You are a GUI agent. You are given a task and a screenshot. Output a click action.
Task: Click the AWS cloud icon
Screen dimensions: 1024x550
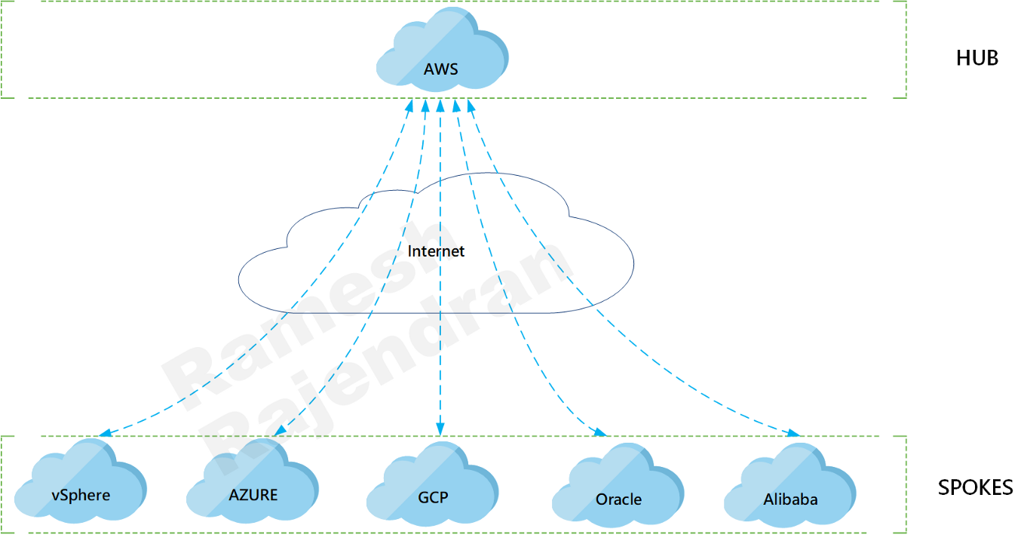pyautogui.click(x=443, y=49)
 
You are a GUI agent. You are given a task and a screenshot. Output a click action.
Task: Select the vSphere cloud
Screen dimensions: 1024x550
pyautogui.click(x=81, y=481)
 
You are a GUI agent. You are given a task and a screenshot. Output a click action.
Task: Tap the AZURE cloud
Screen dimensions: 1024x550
pyautogui.click(x=253, y=481)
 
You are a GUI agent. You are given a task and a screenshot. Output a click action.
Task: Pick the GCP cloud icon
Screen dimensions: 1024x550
pyautogui.click(x=433, y=484)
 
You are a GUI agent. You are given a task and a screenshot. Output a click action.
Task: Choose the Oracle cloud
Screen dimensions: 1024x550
pyautogui.click(x=618, y=485)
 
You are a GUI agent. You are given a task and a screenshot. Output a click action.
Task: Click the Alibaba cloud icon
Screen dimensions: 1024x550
pyautogui.click(x=790, y=485)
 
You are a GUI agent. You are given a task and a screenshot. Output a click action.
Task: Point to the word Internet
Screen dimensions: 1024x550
pyautogui.click(x=436, y=250)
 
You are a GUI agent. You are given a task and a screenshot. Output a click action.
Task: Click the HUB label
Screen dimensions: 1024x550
pyautogui.click(x=977, y=58)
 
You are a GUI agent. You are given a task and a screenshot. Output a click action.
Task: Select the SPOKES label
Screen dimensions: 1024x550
pyautogui.click(x=975, y=488)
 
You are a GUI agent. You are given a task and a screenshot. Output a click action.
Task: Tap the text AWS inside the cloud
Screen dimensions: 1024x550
pyautogui.click(x=440, y=69)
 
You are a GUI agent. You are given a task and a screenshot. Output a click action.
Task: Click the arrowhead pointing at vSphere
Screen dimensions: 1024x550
pyautogui.click(x=105, y=433)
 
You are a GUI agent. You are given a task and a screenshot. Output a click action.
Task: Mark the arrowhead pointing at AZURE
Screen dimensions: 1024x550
pyautogui.click(x=280, y=430)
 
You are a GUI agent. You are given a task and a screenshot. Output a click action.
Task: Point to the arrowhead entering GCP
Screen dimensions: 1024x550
pyautogui.click(x=440, y=429)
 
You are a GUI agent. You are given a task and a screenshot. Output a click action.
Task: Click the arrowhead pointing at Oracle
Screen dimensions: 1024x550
pyautogui.click(x=600, y=432)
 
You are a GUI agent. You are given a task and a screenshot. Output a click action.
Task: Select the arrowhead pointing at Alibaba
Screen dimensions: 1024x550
pyautogui.click(x=793, y=433)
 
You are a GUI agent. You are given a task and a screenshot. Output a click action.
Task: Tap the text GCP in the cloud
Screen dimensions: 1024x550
pyautogui.click(x=433, y=497)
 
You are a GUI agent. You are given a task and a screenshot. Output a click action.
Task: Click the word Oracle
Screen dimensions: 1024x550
pyautogui.click(x=618, y=499)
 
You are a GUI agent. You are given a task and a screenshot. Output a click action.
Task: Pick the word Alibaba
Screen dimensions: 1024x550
pyautogui.click(x=790, y=499)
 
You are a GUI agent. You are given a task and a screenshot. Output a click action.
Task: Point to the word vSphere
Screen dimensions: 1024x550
pyautogui.click(x=81, y=496)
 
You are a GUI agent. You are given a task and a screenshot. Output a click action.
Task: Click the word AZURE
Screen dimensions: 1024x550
pyautogui.click(x=253, y=495)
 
